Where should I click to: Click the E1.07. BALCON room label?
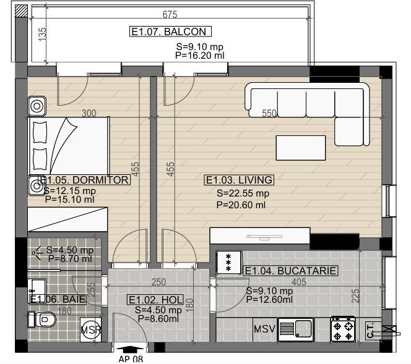pos(170,32)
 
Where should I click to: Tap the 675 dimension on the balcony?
pos(170,14)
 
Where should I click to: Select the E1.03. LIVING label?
pos(239,180)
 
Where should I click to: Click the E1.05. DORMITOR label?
pos(84,180)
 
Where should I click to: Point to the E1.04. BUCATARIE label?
pos(290,271)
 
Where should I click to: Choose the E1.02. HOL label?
pos(156,300)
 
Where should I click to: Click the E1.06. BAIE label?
pos(58,299)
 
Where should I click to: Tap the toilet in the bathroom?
pos(42,320)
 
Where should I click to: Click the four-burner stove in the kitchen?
pos(343,329)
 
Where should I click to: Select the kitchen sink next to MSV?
pos(296,329)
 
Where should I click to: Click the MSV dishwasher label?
pos(264,329)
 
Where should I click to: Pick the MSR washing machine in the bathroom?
pos(91,330)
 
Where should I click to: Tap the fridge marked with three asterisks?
pos(230,262)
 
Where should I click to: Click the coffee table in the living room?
pos(301,148)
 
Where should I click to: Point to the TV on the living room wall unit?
pos(264,237)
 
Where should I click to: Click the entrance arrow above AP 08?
pos(130,349)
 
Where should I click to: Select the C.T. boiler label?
pos(370,331)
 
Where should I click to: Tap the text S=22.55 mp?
pos(243,193)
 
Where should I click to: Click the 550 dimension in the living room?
pos(269,113)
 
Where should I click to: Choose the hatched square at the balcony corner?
pos(21,11)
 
